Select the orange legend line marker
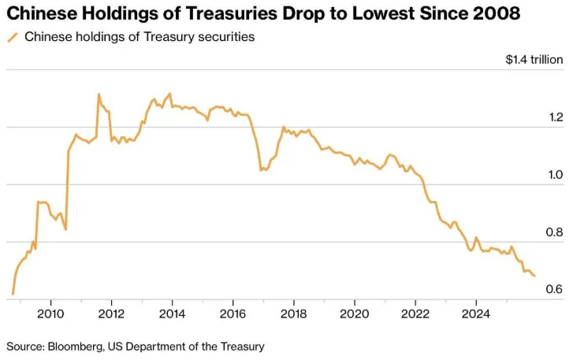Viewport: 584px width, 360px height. (x=13, y=37)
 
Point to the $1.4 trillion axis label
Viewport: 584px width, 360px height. (x=534, y=60)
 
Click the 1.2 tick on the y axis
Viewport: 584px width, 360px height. (x=555, y=117)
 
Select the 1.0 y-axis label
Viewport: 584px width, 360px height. (x=555, y=175)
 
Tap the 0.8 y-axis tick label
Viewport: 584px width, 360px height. (x=555, y=232)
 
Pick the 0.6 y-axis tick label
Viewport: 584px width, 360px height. (x=555, y=290)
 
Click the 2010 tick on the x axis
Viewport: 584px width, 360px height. (x=50, y=313)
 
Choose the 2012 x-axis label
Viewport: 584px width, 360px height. (x=111, y=313)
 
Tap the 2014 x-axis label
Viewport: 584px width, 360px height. (x=172, y=313)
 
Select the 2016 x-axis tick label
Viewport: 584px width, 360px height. (x=232, y=313)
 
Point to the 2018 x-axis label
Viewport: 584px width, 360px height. (x=293, y=313)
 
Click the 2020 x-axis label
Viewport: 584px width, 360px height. (x=354, y=313)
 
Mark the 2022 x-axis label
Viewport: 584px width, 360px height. (x=415, y=313)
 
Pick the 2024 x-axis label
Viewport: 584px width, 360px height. (x=475, y=313)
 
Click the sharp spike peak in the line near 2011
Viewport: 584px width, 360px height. (x=99, y=95)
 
